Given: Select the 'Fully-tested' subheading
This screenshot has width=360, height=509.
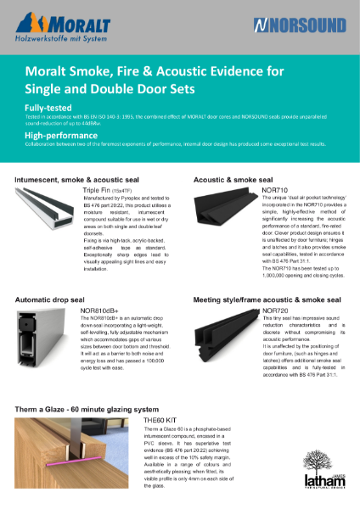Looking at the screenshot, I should tap(48, 109).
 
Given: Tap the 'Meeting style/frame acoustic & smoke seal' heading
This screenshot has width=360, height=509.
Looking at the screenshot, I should tap(270, 300).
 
